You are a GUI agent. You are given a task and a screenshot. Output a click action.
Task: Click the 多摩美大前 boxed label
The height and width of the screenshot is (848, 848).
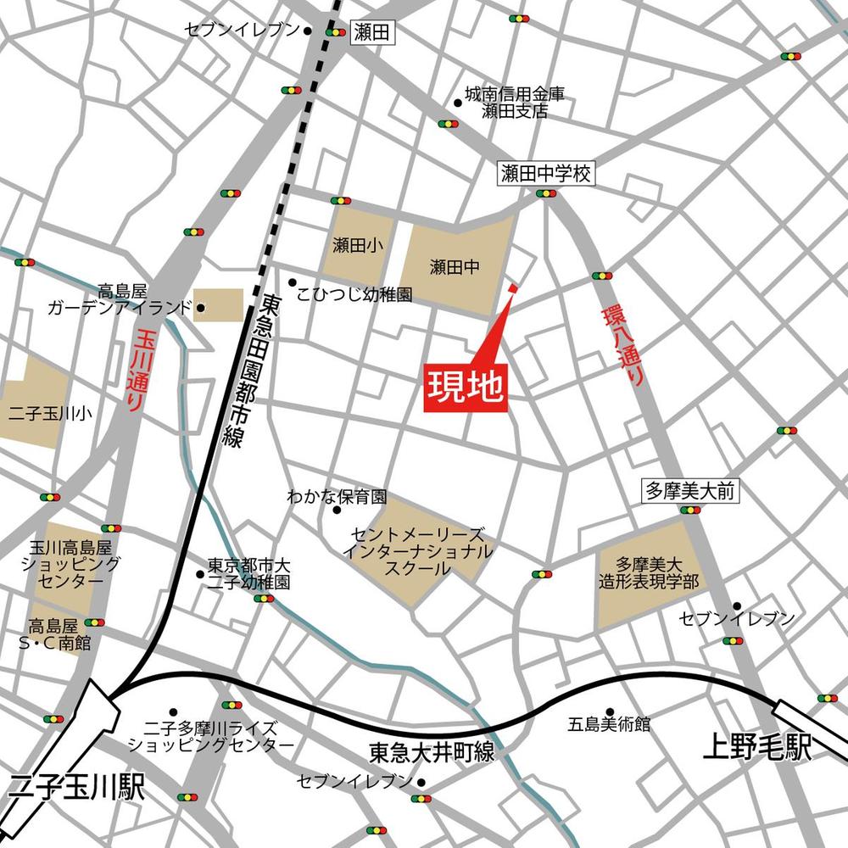pos(688,490)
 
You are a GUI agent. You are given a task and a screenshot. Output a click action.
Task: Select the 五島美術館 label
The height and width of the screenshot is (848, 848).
pos(609,725)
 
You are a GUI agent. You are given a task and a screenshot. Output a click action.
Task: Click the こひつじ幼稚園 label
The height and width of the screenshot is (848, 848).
pos(354,295)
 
